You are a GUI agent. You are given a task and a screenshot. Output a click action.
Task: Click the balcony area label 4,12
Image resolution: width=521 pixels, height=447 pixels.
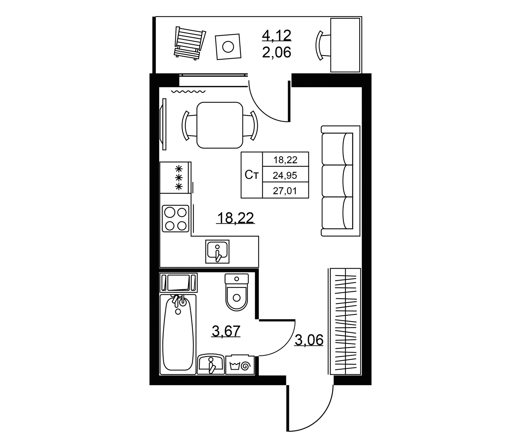tap(277, 35)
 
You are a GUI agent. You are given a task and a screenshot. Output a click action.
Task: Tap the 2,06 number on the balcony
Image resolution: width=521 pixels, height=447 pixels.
tap(277, 52)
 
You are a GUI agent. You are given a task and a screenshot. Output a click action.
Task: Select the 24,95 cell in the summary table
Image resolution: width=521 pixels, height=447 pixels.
tap(285, 175)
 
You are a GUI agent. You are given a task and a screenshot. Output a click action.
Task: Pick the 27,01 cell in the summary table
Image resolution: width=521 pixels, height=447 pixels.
tap(285, 191)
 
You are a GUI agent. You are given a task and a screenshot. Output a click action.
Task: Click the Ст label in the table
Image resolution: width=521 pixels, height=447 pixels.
tap(252, 175)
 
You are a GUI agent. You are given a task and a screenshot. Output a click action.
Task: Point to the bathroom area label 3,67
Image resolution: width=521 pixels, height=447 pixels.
tap(226, 331)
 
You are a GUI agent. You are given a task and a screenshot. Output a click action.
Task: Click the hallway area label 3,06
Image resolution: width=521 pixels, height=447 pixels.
tap(309, 340)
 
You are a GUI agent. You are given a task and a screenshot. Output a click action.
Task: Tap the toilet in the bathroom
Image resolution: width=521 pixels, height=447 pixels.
tap(237, 292)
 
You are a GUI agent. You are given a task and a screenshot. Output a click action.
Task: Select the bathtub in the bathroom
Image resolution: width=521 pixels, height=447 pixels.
tap(178, 334)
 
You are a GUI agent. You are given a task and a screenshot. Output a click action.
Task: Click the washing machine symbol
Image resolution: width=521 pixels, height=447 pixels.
tap(240, 365)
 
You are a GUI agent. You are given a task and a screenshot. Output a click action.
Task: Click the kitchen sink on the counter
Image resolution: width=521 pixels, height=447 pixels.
tap(217, 251)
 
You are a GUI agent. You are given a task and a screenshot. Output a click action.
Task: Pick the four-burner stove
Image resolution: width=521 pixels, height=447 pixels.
tap(175, 219)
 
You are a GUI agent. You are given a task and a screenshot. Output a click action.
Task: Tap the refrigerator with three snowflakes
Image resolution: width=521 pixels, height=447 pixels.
tap(176, 178)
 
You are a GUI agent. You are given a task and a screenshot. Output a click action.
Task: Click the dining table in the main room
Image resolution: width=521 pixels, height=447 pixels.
tap(220, 125)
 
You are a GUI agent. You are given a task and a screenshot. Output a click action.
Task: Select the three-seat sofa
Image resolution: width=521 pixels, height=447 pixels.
tap(341, 181)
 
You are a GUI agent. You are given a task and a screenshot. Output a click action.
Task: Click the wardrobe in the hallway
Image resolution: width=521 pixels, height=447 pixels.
tap(345, 322)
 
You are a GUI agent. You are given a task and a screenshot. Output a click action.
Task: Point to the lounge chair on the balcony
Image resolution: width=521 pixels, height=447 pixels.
tap(190, 43)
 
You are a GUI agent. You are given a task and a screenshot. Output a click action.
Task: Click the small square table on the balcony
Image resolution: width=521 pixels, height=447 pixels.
tap(228, 47)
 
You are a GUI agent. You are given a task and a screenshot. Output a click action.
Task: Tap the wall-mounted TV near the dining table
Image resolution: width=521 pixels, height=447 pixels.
tap(164, 124)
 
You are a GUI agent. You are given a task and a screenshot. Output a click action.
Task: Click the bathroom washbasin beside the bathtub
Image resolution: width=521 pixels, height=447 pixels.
tap(211, 364)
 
